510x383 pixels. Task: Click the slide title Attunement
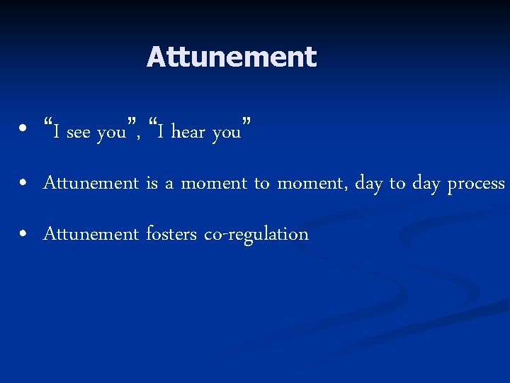click(x=231, y=57)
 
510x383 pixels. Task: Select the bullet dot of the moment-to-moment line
click(x=23, y=183)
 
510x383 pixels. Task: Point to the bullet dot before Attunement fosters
click(x=23, y=234)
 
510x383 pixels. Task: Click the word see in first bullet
click(x=79, y=133)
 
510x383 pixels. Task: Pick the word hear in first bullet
click(x=188, y=133)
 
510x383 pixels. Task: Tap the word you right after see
click(x=111, y=133)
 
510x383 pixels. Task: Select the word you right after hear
click(x=227, y=133)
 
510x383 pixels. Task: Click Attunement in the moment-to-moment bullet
click(x=91, y=183)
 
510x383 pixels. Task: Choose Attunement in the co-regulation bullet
click(x=91, y=234)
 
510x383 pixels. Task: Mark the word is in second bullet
click(x=152, y=183)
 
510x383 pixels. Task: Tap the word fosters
click(x=171, y=234)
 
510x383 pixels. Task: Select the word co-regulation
click(x=256, y=235)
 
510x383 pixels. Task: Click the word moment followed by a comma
click(x=309, y=183)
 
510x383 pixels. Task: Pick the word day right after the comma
click(x=368, y=184)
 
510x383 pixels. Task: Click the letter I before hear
click(x=162, y=132)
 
